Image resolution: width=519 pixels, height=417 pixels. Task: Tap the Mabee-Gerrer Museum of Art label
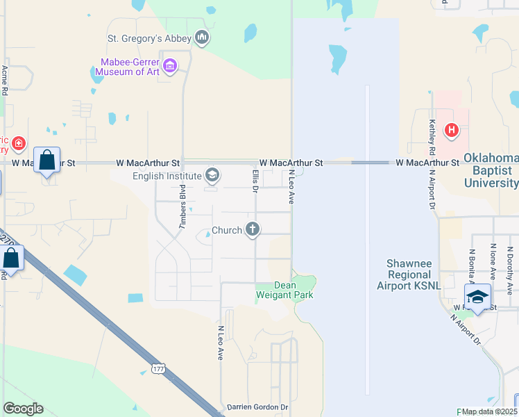coord(130,67)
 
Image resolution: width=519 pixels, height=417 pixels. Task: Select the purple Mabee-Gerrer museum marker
coord(170,67)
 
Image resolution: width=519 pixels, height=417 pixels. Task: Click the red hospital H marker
coord(452,129)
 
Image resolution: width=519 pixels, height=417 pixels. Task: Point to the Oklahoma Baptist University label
coord(490,170)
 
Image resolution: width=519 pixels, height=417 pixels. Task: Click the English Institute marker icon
coord(212,175)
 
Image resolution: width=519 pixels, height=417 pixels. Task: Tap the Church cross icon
coord(253,229)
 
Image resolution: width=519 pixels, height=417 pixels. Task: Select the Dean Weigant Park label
coord(284,290)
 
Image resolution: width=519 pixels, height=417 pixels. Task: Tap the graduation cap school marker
coord(477,297)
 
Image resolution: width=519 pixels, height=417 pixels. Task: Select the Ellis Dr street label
coord(255,180)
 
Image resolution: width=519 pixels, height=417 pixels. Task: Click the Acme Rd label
coord(5,80)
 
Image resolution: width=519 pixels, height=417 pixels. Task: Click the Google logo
coord(23,409)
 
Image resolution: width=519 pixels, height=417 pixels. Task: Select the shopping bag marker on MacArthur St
coord(46,161)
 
